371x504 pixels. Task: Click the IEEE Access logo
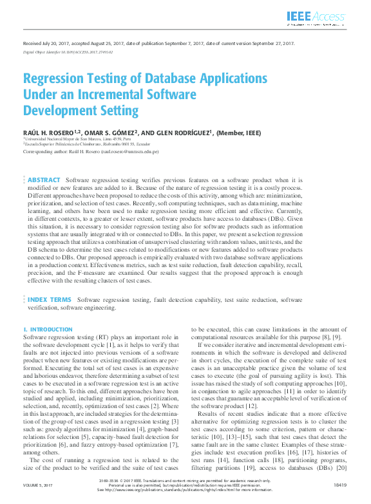316,18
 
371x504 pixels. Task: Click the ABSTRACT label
44,180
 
